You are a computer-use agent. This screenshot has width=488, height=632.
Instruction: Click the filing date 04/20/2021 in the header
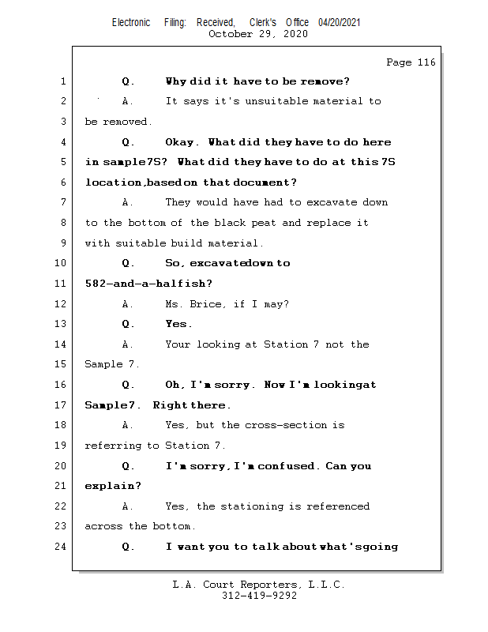[x=340, y=22]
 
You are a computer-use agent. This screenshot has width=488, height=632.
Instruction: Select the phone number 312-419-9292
[x=259, y=596]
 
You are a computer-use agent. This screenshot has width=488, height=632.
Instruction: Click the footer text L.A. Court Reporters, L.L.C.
[x=259, y=585]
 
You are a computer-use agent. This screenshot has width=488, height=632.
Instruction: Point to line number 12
[x=62, y=303]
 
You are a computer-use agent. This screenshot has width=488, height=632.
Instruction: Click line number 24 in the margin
[x=62, y=546]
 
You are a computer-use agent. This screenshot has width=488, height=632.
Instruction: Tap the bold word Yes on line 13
[x=178, y=324]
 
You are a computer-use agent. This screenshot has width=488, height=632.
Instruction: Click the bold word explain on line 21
[x=113, y=486]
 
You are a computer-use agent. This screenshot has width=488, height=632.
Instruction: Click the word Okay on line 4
[x=181, y=142]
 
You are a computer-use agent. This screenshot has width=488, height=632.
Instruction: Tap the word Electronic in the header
[x=131, y=22]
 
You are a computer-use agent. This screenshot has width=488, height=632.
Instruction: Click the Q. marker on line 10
[x=129, y=263]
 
